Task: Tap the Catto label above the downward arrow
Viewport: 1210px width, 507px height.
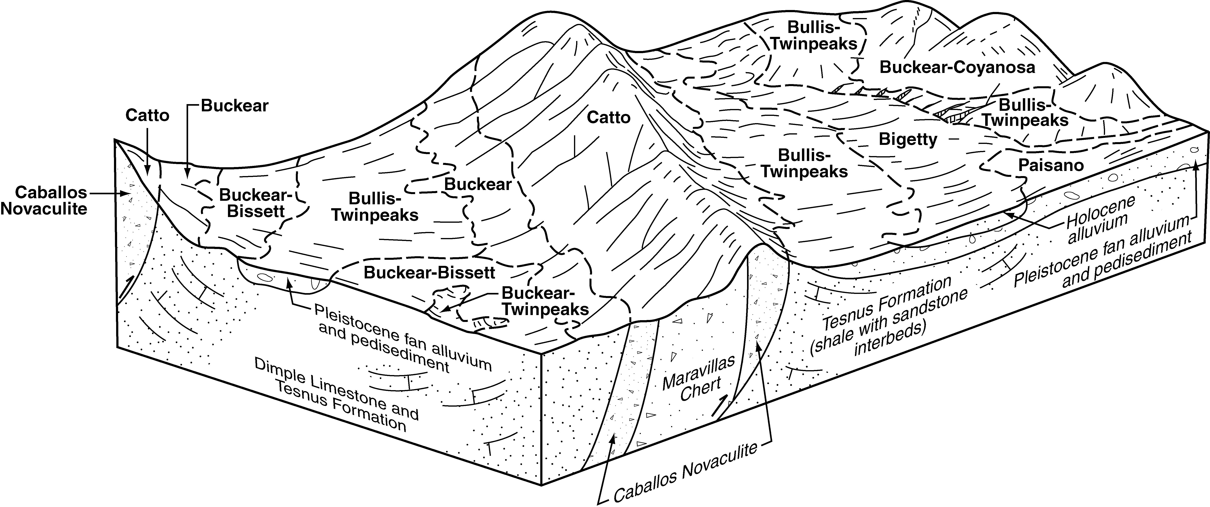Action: point(147,115)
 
